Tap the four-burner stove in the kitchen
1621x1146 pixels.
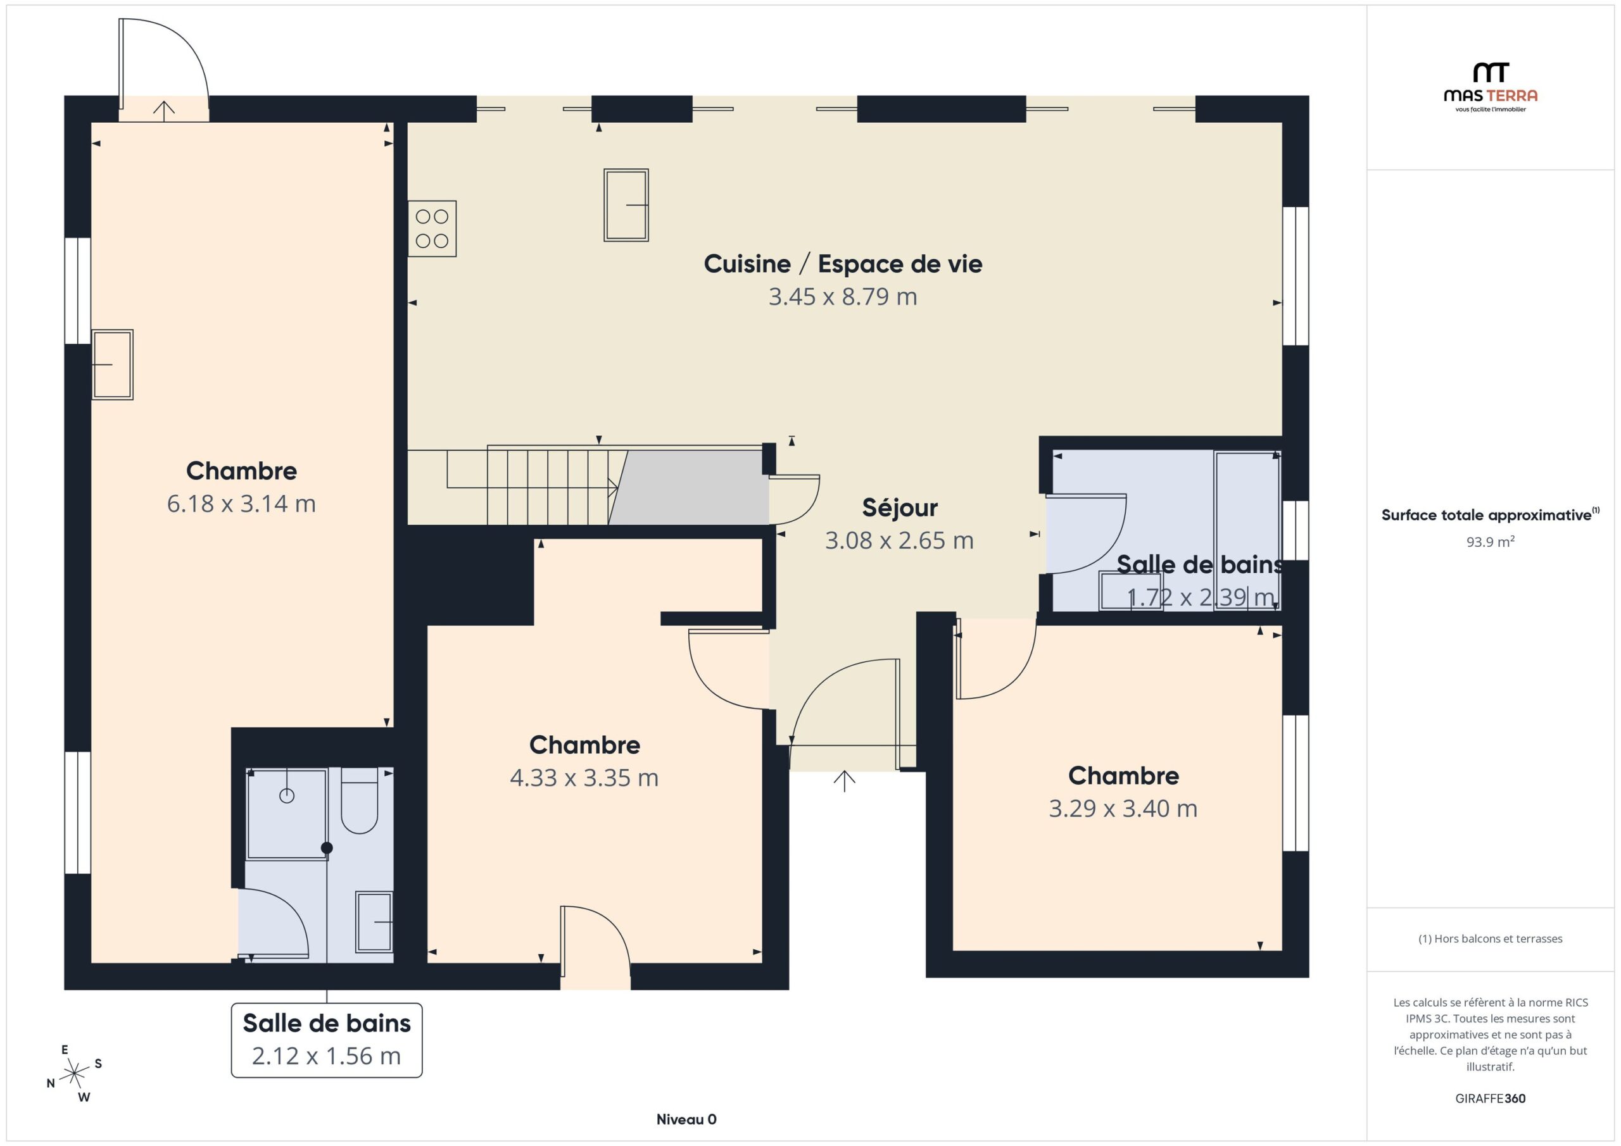tap(432, 228)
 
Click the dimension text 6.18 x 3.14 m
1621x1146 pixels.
tap(241, 504)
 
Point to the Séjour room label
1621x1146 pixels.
tap(899, 508)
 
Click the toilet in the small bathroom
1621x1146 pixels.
tap(360, 801)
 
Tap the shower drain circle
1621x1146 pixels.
tap(287, 796)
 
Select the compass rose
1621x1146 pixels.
tap(74, 1074)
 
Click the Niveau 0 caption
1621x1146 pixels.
tap(686, 1119)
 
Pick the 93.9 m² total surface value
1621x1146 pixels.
tap(1491, 542)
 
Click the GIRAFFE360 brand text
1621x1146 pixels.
tap(1491, 1099)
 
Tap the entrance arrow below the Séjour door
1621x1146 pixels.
tap(845, 780)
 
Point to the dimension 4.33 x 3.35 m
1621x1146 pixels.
tap(584, 778)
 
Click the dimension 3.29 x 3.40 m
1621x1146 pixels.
tap(1123, 809)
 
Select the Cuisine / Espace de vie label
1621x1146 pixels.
tap(843, 264)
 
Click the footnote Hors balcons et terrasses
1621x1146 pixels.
tap(1491, 938)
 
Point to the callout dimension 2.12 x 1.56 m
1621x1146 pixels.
tap(326, 1056)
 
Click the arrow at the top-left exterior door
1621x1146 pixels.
tap(164, 111)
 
